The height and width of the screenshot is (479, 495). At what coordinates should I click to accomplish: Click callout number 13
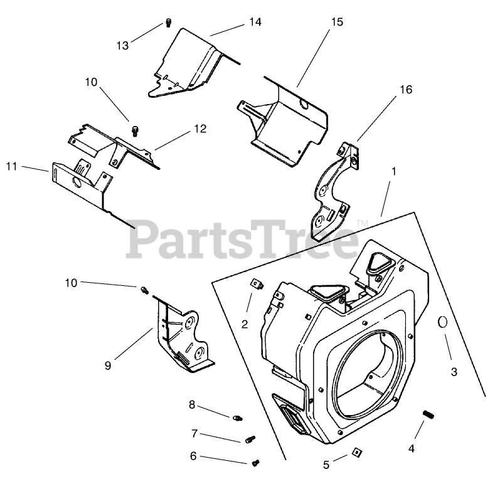point(122,45)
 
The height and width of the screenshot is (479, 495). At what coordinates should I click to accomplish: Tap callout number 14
point(254,22)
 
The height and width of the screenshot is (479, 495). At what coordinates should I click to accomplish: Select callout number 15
point(337,22)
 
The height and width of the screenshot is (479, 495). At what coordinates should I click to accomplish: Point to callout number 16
point(405,90)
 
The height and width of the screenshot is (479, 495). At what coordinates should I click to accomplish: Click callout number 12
point(200,129)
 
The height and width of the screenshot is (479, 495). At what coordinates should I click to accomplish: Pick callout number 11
point(11,166)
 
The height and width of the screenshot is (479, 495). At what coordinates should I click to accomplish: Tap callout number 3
point(454,372)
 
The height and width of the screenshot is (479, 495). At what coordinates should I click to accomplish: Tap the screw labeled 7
point(250,440)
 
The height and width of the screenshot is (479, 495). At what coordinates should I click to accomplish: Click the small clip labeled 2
point(255,285)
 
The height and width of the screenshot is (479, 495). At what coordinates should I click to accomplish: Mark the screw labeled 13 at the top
point(168,24)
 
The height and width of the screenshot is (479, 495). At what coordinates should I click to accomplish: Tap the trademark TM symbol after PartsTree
point(361,223)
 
